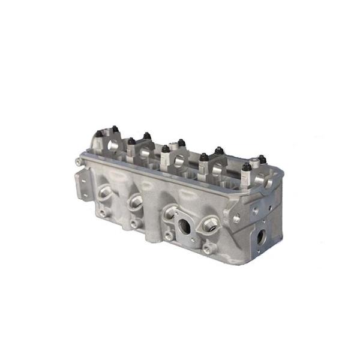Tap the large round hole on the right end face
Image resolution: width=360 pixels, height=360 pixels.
(x=262, y=236)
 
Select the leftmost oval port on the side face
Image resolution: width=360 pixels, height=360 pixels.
(x=106, y=193)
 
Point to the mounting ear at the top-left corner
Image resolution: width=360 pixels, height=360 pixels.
(x=79, y=161)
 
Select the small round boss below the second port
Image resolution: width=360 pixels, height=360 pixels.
(x=137, y=223)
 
